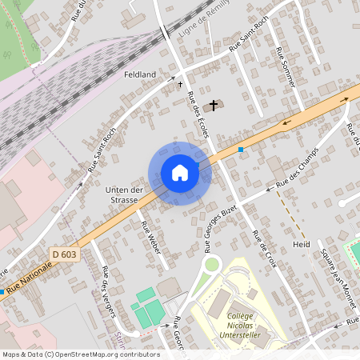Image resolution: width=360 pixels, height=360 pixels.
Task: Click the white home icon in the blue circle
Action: pyautogui.click(x=180, y=173)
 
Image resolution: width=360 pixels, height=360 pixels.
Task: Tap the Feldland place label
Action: pyautogui.click(x=140, y=74)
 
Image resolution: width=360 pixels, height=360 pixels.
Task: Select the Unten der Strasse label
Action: pyautogui.click(x=124, y=195)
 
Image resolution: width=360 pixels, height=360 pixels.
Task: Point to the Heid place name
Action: pyautogui.click(x=301, y=244)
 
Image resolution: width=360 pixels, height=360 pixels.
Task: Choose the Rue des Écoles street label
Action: pyautogui.click(x=198, y=114)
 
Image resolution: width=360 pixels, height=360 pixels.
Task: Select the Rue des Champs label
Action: pyautogui.click(x=297, y=167)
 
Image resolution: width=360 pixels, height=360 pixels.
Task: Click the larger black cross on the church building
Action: pyautogui.click(x=213, y=105)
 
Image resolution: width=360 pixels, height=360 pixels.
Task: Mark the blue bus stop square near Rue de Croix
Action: pyautogui.click(x=240, y=149)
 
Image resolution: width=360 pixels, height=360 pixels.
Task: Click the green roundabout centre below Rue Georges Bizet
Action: pyautogui.click(x=212, y=264)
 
